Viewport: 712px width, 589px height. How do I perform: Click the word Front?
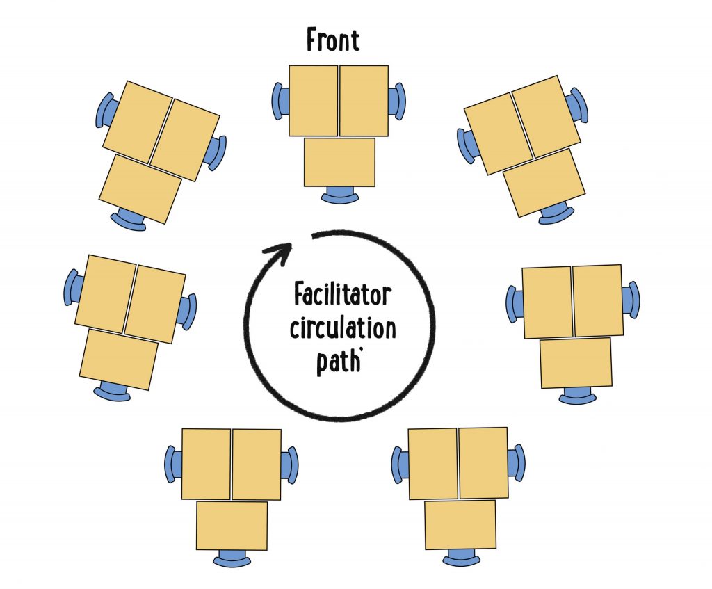pos(333,40)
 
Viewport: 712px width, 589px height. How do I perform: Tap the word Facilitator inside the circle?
pos(343,296)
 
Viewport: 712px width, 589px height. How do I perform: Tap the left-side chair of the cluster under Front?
pos(278,102)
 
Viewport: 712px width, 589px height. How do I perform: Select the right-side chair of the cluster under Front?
pos(398,102)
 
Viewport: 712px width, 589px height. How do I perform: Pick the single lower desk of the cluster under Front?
pos(339,162)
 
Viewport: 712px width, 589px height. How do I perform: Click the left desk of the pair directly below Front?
pos(314,101)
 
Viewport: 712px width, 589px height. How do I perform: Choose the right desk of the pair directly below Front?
pos(364,101)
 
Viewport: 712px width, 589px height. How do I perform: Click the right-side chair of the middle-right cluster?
pos(631,300)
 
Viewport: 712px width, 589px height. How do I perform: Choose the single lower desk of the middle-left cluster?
pos(118,360)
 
